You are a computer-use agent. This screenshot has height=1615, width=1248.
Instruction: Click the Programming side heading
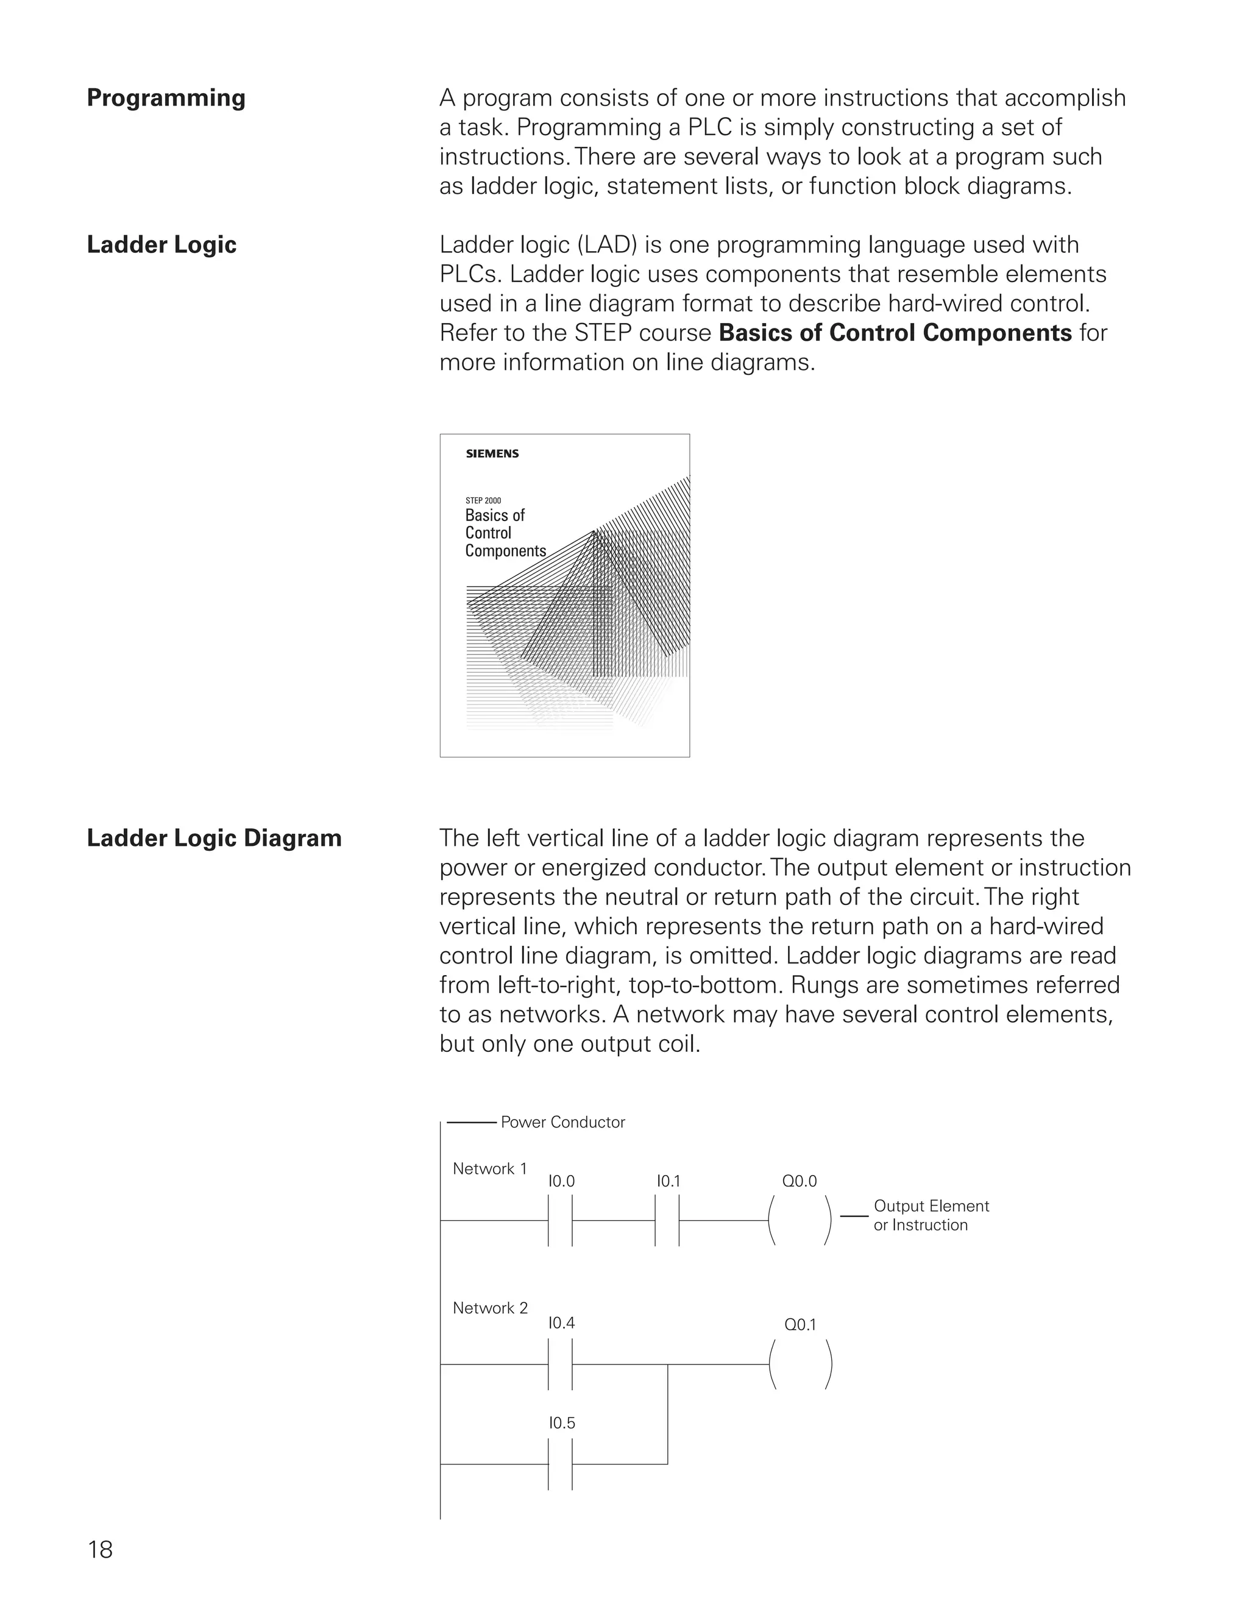166,98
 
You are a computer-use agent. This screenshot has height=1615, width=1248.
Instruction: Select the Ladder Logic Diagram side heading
214,838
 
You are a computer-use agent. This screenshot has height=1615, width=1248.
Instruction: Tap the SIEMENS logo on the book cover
492,453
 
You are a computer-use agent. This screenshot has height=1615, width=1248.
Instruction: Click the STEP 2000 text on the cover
483,500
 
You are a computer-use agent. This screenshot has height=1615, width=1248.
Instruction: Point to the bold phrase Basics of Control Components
895,333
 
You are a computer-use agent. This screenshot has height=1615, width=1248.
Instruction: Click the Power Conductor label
562,1122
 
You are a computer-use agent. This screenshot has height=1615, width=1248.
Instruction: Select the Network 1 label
489,1168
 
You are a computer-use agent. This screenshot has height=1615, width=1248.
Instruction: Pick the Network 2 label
490,1307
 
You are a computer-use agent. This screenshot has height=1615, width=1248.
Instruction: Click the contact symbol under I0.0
561,1221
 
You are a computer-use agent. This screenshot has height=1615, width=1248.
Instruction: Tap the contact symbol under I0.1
667,1221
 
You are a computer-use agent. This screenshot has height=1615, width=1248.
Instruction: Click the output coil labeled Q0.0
800,1221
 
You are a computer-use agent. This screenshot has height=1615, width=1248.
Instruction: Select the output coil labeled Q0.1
800,1365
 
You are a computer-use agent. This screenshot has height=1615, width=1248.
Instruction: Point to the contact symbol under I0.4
561,1365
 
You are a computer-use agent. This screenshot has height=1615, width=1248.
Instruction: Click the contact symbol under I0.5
561,1464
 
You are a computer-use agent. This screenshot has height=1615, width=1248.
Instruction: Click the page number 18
100,1549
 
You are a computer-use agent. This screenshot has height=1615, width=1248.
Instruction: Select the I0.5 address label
561,1423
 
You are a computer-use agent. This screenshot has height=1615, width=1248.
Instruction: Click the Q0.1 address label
800,1324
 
